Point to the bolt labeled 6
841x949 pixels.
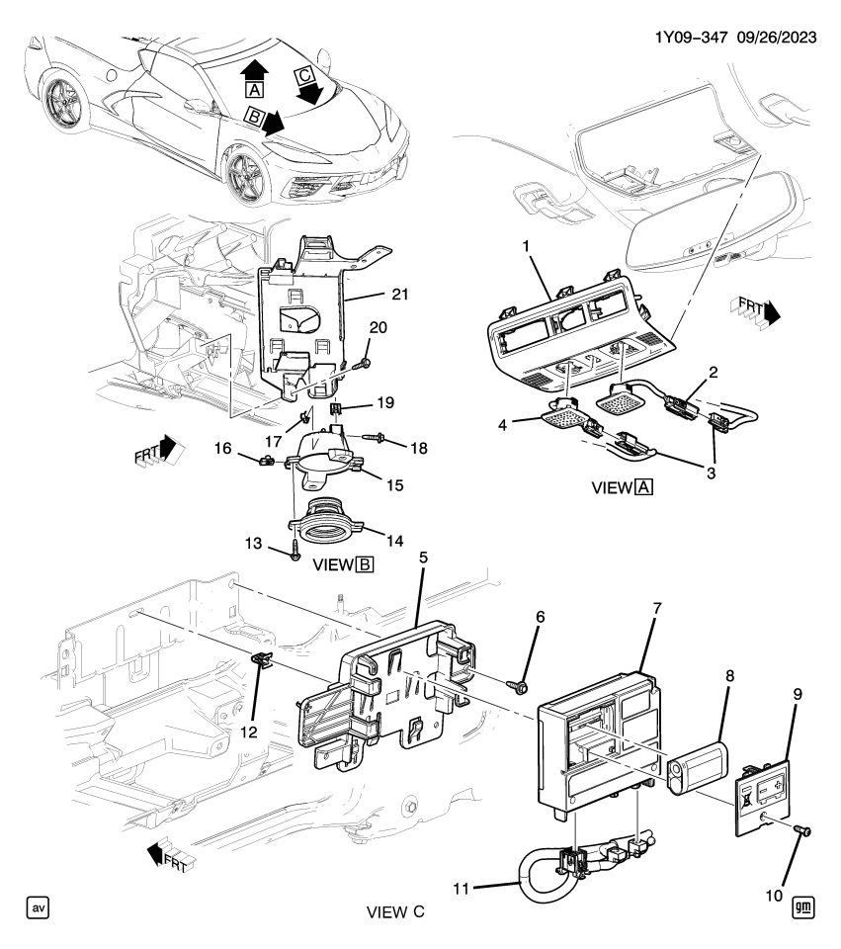point(519,684)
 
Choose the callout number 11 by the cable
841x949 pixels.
point(462,888)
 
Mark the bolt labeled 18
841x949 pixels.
point(376,436)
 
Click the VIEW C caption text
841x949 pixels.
point(395,911)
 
